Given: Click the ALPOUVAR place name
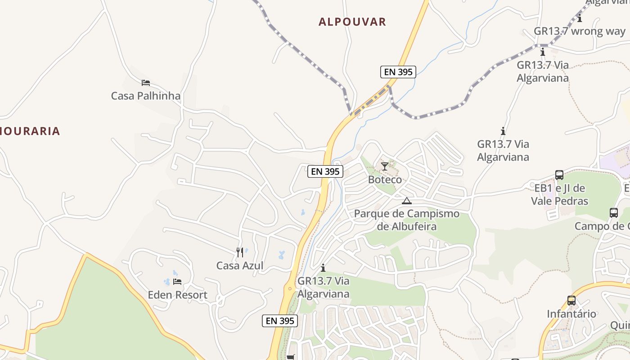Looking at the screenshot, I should point(352,22).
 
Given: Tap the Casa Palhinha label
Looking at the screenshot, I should point(145,96).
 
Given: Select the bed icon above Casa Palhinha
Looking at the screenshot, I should point(145,83).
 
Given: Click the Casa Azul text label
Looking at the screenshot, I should point(240,265).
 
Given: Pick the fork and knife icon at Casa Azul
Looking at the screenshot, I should point(240,252).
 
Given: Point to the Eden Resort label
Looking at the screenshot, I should point(177,295).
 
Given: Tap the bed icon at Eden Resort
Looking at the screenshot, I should point(177,282).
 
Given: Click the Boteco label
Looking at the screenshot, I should point(385,180).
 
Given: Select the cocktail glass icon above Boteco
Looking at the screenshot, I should point(384,166).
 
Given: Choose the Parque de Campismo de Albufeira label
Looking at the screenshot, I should point(407,220).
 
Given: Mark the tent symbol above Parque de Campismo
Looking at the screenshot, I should point(407,201).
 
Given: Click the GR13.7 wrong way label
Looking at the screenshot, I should point(580,31).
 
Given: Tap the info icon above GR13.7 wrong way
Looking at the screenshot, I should point(580,18).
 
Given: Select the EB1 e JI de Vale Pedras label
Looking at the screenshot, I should point(559,194).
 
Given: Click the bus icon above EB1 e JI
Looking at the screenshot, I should point(559,175).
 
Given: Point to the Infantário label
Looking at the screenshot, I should point(571,314).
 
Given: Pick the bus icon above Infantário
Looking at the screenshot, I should point(571,301).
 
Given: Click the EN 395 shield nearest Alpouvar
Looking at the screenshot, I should point(398,72).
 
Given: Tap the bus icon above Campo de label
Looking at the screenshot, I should point(614,213).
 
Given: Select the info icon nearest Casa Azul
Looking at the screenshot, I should point(323,268).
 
